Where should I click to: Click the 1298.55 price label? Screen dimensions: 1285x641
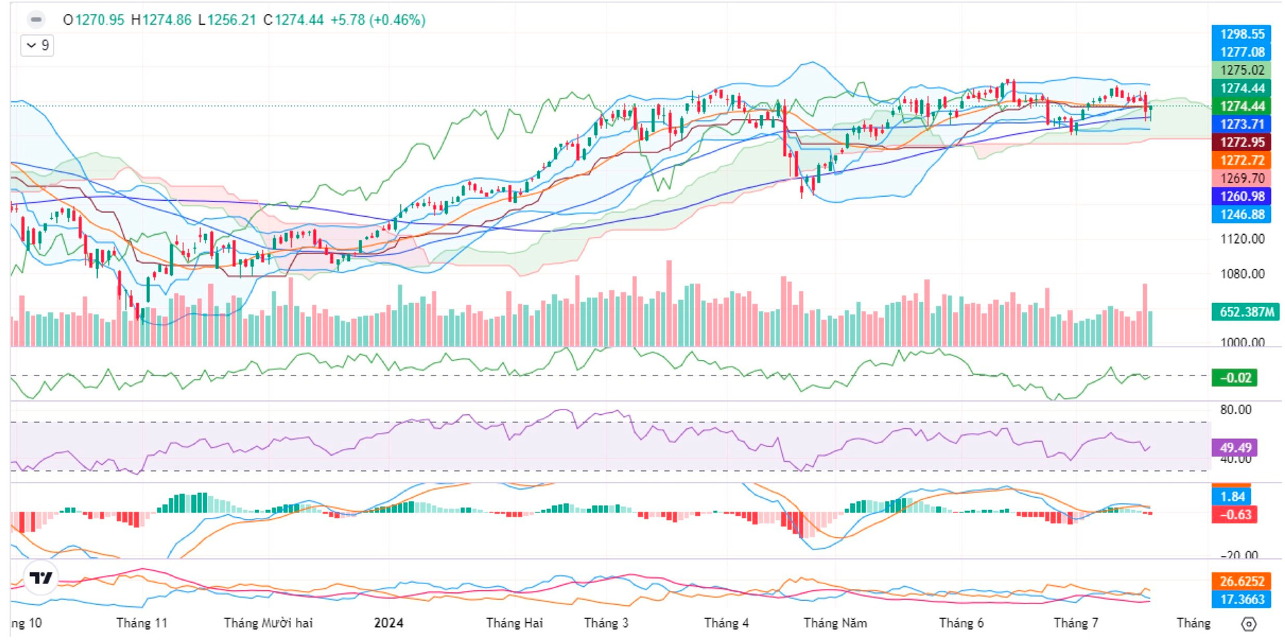pyautogui.click(x=1241, y=34)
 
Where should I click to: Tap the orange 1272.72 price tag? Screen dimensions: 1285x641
pyautogui.click(x=1241, y=161)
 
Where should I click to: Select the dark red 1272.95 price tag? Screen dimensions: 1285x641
pyautogui.click(x=1241, y=143)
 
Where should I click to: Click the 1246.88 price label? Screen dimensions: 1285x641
pyautogui.click(x=1241, y=215)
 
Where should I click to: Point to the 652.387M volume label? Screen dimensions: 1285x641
pyautogui.click(x=1245, y=312)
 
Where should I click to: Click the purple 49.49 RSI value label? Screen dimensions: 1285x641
pyautogui.click(x=1235, y=448)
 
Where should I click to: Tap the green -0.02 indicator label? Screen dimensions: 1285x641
pyautogui.click(x=1235, y=378)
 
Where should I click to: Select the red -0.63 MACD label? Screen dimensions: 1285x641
pyautogui.click(x=1235, y=515)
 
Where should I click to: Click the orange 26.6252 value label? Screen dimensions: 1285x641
pyautogui.click(x=1241, y=581)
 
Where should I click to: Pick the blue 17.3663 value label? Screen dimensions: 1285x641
pyautogui.click(x=1241, y=600)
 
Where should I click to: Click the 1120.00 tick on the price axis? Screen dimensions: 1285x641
pyautogui.click(x=1242, y=239)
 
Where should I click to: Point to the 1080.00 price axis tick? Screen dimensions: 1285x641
pyautogui.click(x=1242, y=274)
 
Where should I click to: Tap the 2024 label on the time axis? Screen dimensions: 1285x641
pyautogui.click(x=389, y=623)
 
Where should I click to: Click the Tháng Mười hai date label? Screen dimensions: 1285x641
pyautogui.click(x=268, y=623)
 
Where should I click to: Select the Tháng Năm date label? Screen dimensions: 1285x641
pyautogui.click(x=835, y=623)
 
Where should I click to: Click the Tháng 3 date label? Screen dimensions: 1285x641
pyautogui.click(x=606, y=623)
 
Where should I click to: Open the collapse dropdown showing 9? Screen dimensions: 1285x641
pyautogui.click(x=37, y=45)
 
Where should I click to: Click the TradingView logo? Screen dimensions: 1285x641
pyautogui.click(x=41, y=577)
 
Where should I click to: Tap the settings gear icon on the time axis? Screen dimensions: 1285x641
pyautogui.click(x=1249, y=624)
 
